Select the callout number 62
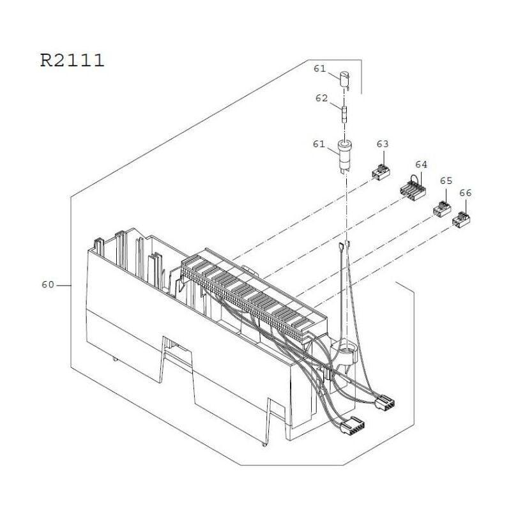click(321, 98)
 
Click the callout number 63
click(382, 145)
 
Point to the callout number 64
click(421, 164)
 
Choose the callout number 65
click(446, 181)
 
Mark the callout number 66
click(465, 192)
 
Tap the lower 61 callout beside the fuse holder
click(319, 144)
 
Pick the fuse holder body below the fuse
click(344, 156)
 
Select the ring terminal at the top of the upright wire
click(344, 244)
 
